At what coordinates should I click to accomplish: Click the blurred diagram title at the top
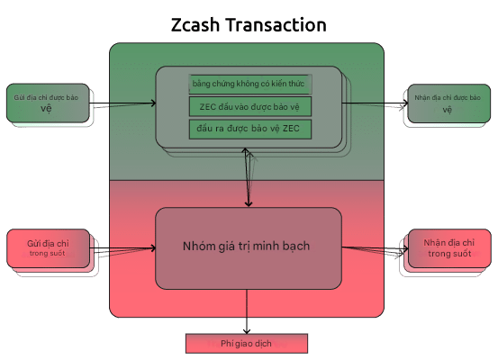(x=249, y=24)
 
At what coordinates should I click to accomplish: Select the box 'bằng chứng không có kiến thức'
(x=249, y=84)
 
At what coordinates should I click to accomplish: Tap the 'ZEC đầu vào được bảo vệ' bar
(x=249, y=106)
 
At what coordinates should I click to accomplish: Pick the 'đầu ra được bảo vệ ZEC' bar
(x=249, y=129)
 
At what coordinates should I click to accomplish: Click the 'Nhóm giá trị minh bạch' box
(x=249, y=246)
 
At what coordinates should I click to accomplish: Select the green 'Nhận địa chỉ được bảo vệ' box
(x=448, y=103)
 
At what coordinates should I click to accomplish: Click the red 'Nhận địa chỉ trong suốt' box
(x=448, y=247)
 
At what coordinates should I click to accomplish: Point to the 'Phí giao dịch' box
(x=247, y=344)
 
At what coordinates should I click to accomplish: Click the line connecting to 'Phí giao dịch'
(x=247, y=324)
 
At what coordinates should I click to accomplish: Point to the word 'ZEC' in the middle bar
(x=210, y=106)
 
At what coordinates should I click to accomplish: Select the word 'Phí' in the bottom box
(x=227, y=344)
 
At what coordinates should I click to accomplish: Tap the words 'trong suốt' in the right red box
(x=448, y=254)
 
